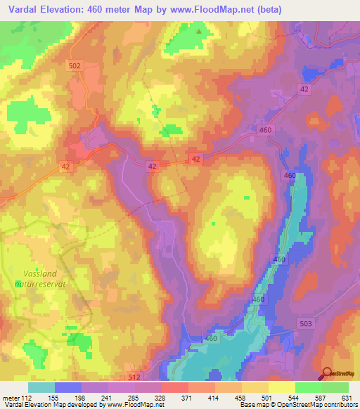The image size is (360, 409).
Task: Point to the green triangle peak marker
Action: point(199,31)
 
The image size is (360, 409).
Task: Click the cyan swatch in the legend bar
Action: point(41,387)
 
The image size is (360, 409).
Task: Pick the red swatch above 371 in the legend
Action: point(175,387)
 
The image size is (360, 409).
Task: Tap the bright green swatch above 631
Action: point(335,387)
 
